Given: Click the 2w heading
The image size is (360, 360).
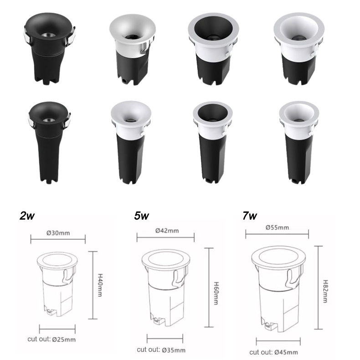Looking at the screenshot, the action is (x=27, y=216).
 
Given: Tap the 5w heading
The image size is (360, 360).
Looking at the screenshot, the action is (x=141, y=216).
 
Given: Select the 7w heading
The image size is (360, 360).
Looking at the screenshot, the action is (x=250, y=216).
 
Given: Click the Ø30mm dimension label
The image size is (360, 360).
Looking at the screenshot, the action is (x=58, y=233).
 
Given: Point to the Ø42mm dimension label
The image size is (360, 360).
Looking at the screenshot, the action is (x=167, y=231).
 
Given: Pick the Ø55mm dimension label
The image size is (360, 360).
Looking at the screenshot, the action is (x=277, y=227).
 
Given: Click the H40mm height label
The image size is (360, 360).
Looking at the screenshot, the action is (x=100, y=285).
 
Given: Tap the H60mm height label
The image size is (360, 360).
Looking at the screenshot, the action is (x=216, y=293).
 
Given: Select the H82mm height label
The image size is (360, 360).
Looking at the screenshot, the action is (x=325, y=291).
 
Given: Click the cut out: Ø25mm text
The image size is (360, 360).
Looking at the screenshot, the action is (x=51, y=339).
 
